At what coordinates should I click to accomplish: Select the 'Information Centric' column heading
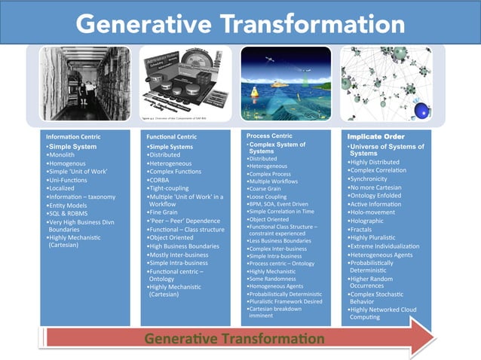[x=74, y=136]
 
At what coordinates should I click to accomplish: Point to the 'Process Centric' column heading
[x=270, y=136]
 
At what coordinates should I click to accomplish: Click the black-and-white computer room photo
[x=80, y=82]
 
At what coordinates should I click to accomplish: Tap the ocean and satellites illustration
[x=286, y=81]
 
